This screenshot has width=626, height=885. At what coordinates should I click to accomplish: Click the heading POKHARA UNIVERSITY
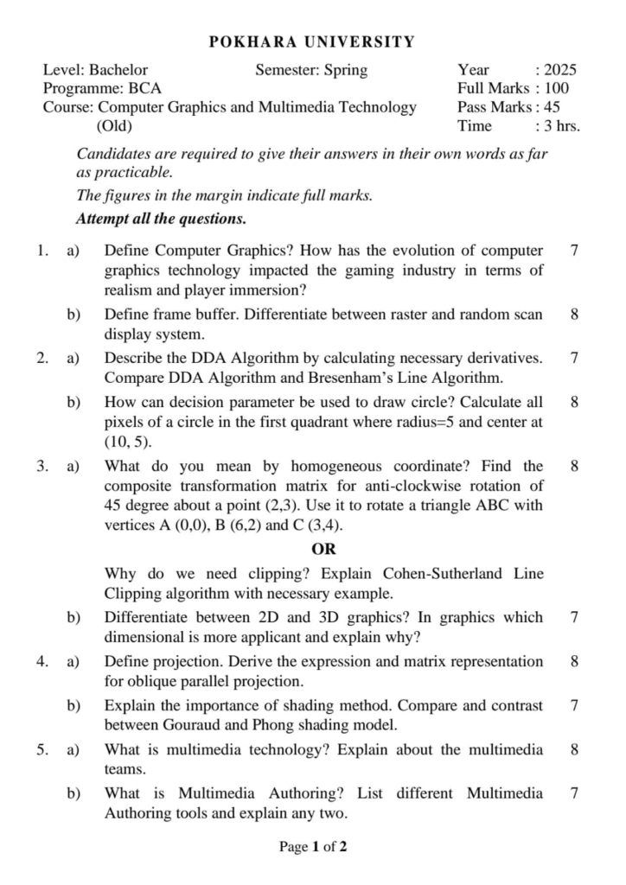313,41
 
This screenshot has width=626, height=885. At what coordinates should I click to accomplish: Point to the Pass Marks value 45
551,107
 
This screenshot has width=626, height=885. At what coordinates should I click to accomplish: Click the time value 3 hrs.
561,126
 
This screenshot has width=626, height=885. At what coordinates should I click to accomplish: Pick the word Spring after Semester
344,70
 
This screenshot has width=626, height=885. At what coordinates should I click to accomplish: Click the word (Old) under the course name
113,126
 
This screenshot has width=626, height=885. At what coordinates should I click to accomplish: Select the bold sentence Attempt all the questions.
162,218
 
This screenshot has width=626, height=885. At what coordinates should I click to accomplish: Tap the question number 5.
42,749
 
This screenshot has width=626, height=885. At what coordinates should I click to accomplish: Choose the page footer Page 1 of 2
313,847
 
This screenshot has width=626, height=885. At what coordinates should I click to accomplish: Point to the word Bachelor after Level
118,70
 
